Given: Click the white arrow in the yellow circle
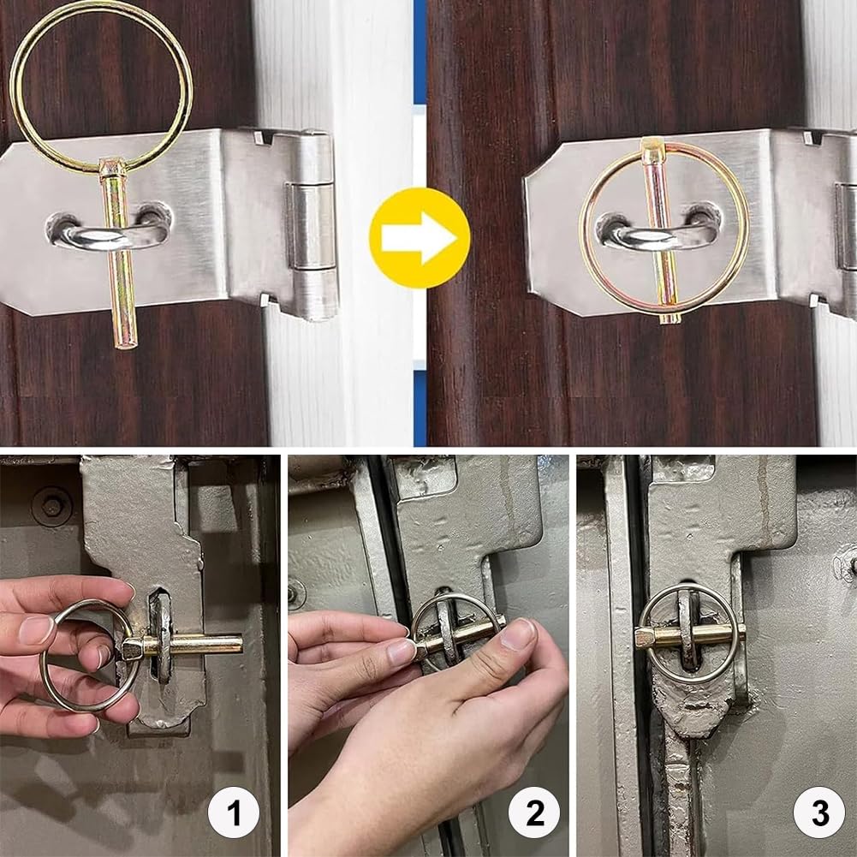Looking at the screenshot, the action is (x=419, y=239).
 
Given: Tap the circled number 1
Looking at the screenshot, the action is (x=234, y=812).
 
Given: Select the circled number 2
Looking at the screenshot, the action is (x=534, y=812).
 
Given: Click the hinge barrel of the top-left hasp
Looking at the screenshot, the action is (x=312, y=225).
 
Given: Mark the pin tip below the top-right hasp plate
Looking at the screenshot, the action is (x=670, y=318).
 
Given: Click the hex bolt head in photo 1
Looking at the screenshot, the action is (x=51, y=507).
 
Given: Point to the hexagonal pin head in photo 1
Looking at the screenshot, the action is (x=133, y=649).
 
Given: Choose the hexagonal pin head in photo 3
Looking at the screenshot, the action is (x=646, y=637).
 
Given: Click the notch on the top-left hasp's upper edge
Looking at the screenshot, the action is (x=264, y=137).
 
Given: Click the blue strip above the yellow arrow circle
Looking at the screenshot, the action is (x=420, y=52).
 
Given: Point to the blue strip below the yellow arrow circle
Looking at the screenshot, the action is (x=420, y=408).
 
